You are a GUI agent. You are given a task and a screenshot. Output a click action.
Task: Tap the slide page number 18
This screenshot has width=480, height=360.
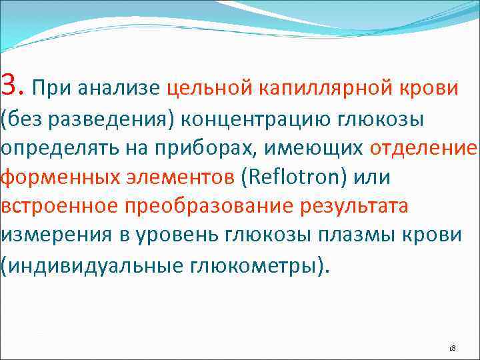(x=451, y=349)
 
